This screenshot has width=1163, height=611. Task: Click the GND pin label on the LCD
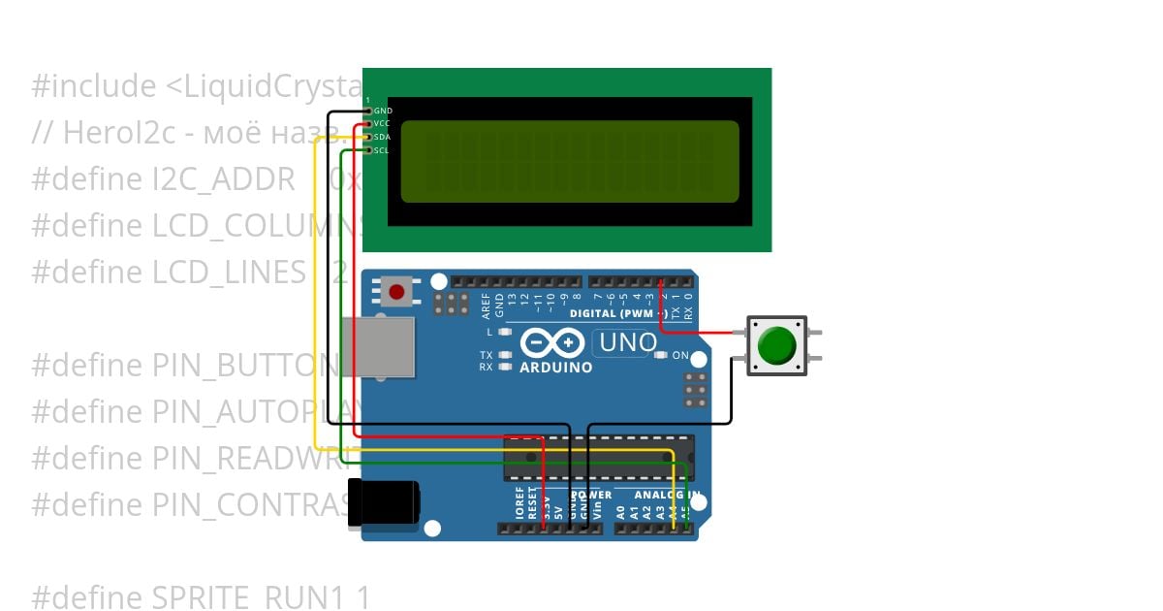pos(383,112)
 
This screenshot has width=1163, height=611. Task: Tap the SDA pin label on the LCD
pos(382,138)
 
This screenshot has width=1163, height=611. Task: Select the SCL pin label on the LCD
pos(382,150)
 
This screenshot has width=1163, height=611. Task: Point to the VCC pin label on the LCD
pos(382,124)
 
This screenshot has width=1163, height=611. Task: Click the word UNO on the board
pos(628,342)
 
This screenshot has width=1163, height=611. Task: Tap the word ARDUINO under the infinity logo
pos(556,368)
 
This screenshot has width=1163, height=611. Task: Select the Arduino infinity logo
pos(551,343)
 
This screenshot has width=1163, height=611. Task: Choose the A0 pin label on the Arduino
pos(621,509)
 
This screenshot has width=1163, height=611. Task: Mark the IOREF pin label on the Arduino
pos(519,507)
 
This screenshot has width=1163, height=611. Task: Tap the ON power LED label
pos(680,355)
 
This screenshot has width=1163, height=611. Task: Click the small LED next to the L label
pos(504,333)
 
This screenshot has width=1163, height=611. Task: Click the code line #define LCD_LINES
pos(169,273)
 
